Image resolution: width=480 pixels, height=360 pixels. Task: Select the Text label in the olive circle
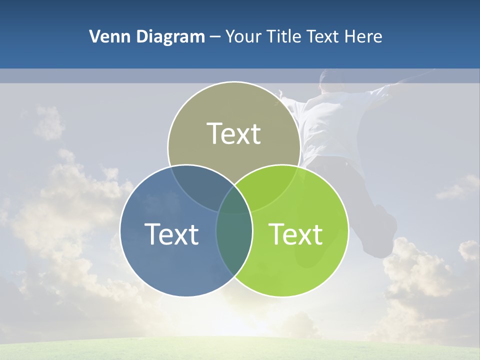click(x=234, y=134)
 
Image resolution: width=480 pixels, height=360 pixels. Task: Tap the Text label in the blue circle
click(x=171, y=234)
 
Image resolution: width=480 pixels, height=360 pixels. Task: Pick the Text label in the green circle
click(x=295, y=234)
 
